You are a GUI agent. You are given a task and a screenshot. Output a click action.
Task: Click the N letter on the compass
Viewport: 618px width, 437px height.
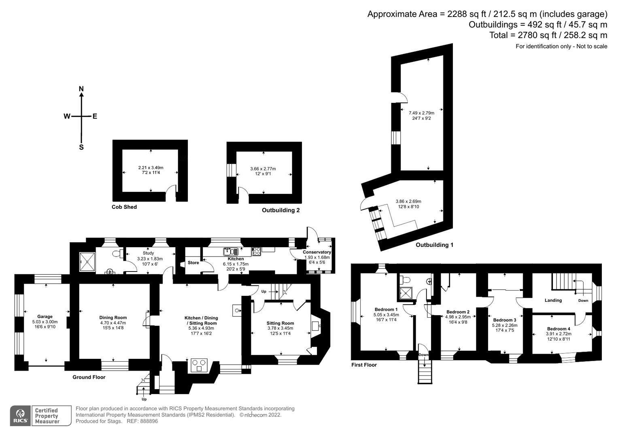(x=81, y=89)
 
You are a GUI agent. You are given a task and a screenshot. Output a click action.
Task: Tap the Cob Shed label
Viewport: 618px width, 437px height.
(x=124, y=207)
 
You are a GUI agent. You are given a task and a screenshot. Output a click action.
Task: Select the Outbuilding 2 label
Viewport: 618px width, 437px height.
(x=280, y=210)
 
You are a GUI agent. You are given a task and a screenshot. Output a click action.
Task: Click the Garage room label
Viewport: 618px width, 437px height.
(x=45, y=317)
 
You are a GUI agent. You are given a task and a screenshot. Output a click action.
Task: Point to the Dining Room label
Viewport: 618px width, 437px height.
(x=113, y=318)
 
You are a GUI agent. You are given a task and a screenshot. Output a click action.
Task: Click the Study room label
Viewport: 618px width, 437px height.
(x=148, y=253)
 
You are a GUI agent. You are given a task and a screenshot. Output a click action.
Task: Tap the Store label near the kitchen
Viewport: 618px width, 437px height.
(x=193, y=263)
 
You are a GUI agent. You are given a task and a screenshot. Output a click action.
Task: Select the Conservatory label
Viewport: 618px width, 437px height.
(x=317, y=252)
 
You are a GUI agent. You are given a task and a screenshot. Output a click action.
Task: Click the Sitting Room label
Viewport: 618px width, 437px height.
(x=280, y=323)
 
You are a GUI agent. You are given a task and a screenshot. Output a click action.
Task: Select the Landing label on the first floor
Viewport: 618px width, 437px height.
(x=553, y=300)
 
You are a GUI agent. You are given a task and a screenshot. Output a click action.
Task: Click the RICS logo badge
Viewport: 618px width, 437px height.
(x=20, y=416)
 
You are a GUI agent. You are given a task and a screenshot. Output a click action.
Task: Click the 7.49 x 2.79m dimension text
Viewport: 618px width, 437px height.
(x=421, y=113)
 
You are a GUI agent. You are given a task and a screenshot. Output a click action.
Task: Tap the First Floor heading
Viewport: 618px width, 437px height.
(x=364, y=365)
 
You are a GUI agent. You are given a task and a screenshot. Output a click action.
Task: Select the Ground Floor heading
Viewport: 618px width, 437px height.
(x=89, y=377)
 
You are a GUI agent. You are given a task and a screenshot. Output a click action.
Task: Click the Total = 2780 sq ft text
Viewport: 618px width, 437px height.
(x=548, y=35)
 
